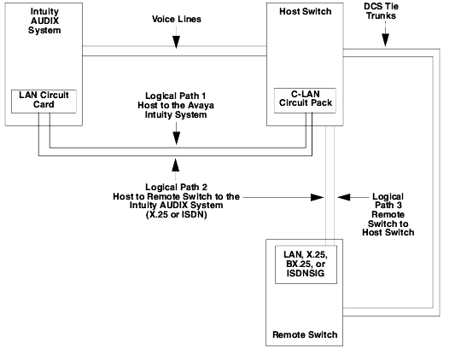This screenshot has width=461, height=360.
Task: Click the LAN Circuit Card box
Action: pos(44,102)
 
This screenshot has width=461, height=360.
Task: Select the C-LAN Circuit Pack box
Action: pos(305,101)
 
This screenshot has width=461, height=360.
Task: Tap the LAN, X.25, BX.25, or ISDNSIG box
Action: pos(306,264)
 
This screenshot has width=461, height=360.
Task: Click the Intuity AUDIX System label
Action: pos(44,20)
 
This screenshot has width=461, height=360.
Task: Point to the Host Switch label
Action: pos(305,11)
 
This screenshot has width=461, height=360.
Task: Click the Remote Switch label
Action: pos(305,334)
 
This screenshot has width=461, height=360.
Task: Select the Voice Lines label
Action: pos(177,19)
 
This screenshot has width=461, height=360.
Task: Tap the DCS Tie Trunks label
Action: pos(381,11)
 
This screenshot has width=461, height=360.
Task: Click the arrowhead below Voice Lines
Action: pos(176,42)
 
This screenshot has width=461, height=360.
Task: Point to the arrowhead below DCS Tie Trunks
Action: pos(385,40)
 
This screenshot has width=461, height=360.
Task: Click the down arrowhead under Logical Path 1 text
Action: pos(176,138)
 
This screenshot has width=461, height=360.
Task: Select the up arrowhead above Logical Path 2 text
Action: pos(176,165)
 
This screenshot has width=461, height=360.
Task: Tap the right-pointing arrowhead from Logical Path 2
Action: pos(318,197)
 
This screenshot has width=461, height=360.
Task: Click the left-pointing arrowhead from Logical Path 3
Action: pos(344,197)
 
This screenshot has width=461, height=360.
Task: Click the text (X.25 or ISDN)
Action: pos(177,215)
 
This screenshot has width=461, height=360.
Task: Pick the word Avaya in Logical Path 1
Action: pos(201,106)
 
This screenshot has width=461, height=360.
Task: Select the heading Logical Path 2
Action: pos(176,187)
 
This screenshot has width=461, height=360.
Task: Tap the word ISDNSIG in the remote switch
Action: pos(306,273)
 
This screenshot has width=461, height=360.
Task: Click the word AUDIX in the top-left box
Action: pos(44,20)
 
